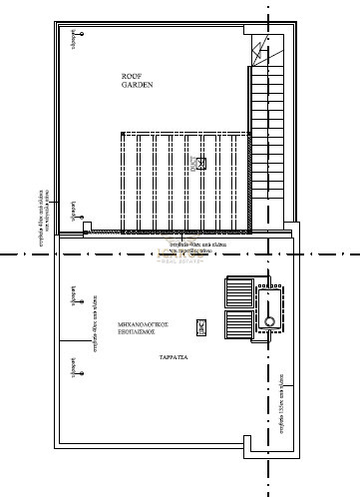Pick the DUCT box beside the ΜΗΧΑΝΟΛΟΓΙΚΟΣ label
click(x=200, y=325)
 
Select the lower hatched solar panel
click(x=239, y=326)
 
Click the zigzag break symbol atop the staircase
click(x=262, y=49)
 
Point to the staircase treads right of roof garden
click(x=264, y=130)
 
